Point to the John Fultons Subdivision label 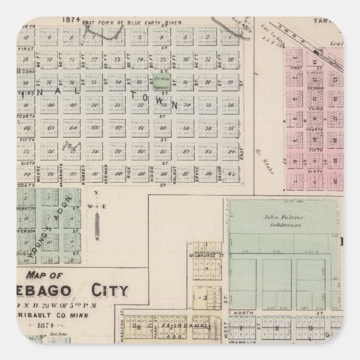coord(283,220)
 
